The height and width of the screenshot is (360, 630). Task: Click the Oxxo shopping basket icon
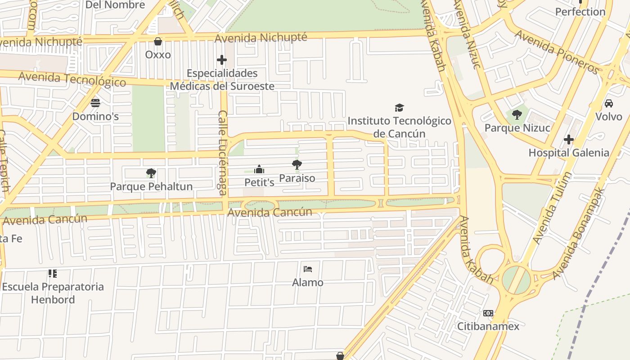coord(158,42)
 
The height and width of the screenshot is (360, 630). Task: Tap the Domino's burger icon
coord(95,103)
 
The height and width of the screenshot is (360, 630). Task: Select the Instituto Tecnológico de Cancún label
coord(399,127)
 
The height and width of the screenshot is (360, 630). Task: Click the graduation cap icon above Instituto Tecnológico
coord(399,108)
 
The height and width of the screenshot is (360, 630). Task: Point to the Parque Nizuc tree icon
coord(517,115)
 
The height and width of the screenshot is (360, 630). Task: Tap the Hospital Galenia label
coord(569,153)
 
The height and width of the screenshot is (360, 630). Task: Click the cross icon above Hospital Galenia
coord(569,139)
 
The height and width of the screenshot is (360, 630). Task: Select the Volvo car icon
coord(609,103)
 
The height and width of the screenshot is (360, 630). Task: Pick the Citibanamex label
coord(488,326)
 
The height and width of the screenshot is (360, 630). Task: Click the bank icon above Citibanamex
coord(488,313)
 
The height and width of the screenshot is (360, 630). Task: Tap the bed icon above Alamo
coord(308,269)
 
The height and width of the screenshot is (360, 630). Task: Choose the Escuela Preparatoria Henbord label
coord(53,293)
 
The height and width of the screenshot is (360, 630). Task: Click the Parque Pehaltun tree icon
coord(151,173)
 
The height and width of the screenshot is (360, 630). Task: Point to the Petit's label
coord(259,182)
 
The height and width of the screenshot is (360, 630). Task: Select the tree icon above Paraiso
coord(297,165)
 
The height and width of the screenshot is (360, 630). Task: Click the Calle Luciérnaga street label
coord(223,153)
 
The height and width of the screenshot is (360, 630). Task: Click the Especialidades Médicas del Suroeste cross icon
coord(222,60)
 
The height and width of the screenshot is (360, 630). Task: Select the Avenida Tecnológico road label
coord(72,79)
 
